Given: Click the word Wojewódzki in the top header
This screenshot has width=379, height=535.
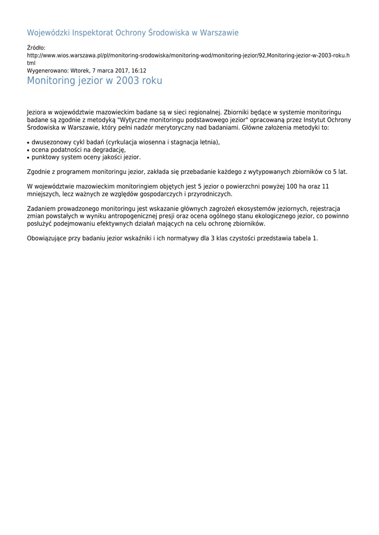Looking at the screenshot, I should (48, 33).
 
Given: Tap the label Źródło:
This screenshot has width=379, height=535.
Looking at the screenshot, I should (36, 48).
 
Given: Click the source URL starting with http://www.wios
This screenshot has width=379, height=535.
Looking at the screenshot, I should (188, 55).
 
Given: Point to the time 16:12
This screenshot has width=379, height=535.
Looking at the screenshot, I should (139, 71).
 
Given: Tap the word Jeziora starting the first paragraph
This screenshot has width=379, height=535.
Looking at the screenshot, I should (36, 112).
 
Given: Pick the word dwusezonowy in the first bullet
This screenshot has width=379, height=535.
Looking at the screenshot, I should (50, 142).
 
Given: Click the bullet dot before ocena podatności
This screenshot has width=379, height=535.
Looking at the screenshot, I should (28, 150).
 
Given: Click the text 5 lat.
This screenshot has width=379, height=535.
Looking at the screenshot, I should (340, 172).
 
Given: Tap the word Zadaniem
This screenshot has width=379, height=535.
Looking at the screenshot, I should (41, 209).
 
